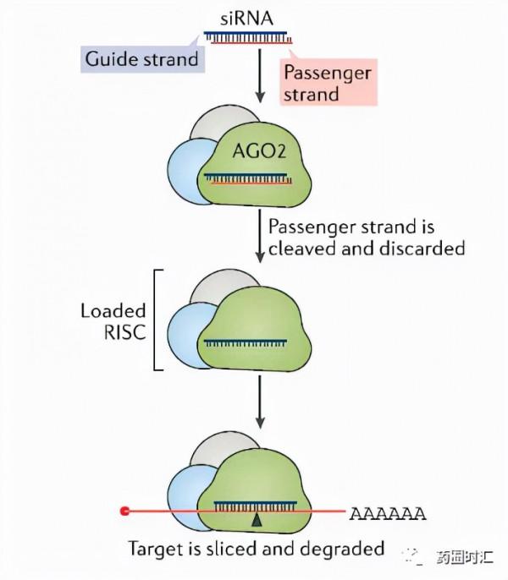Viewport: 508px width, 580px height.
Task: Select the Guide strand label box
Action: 142,58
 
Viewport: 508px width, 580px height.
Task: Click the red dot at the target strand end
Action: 125,511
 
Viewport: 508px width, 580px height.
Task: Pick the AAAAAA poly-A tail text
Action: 389,513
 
